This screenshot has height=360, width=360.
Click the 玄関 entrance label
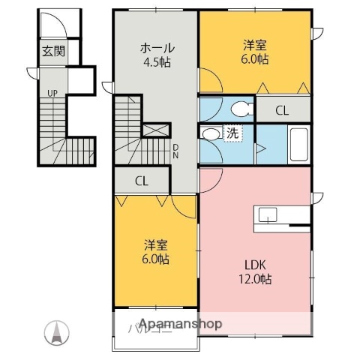coord(52,52)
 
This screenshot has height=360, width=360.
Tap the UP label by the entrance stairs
coord(52,93)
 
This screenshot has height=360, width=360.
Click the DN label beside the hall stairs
coord(175,151)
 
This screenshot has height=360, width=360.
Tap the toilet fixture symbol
coord(240,109)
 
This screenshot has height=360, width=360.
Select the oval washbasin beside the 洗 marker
coord(211,134)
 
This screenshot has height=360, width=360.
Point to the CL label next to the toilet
coord(281,110)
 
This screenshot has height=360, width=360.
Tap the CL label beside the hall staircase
coord(141,181)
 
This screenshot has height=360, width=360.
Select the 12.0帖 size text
coord(256,279)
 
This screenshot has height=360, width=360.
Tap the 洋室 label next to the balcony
coord(157,244)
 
